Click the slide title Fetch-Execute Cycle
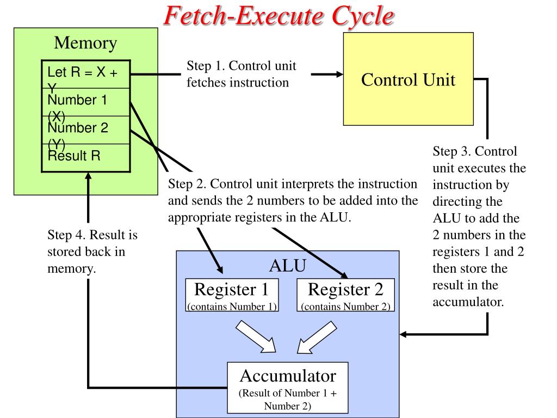pyautogui.click(x=278, y=16)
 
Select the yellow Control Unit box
pyautogui.click(x=408, y=79)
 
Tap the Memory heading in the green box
pyautogui.click(x=85, y=42)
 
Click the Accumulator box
pyautogui.click(x=288, y=387)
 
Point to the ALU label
pyautogui.click(x=288, y=266)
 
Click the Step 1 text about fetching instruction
pyautogui.click(x=241, y=74)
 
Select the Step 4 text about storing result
pyautogui.click(x=92, y=252)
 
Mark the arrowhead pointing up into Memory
pyautogui.click(x=88, y=176)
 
